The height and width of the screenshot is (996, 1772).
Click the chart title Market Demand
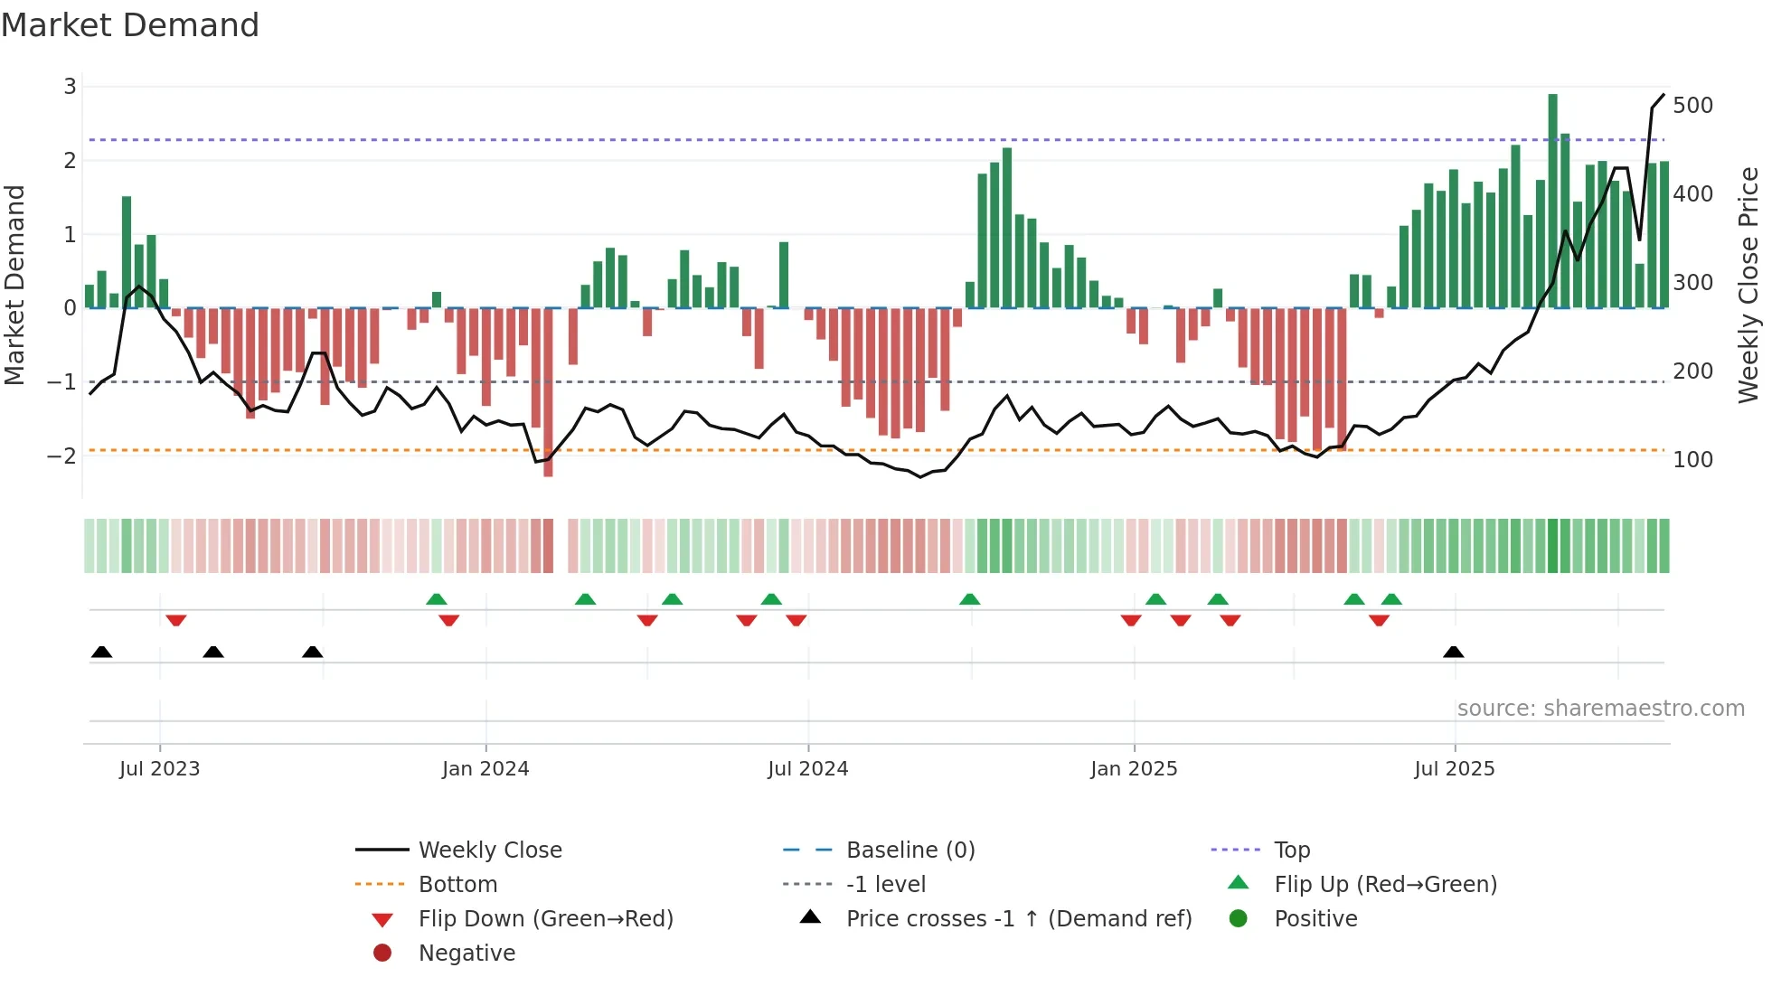[130, 25]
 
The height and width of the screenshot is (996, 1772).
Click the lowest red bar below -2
[548, 393]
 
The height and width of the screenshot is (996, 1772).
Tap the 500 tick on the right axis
[1692, 106]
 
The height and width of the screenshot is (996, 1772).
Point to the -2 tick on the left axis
[61, 456]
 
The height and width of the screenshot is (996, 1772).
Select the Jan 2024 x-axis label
[485, 769]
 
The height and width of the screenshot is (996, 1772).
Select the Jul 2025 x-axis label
[1454, 769]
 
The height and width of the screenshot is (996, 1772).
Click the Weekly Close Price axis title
[1748, 285]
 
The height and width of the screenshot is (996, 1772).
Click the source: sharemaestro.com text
[1600, 709]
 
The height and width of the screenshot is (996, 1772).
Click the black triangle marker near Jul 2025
[1453, 653]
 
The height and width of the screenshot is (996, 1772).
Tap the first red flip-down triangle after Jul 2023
[176, 620]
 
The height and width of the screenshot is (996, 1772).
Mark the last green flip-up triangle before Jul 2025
[1391, 599]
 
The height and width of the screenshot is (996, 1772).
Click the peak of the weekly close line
[1663, 95]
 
